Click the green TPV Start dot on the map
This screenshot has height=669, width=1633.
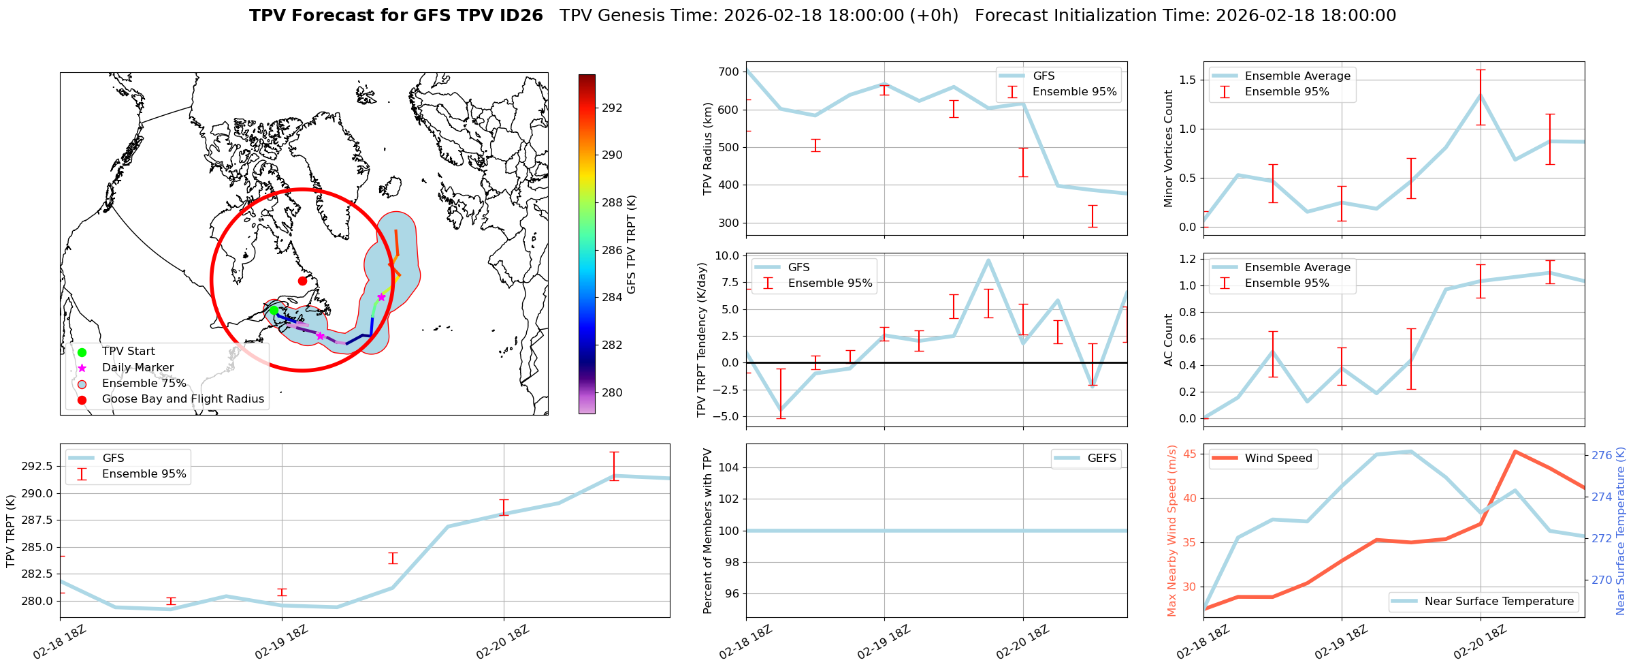(274, 311)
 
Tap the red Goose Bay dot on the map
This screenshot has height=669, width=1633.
(302, 281)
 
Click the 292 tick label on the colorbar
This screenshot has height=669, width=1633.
(612, 108)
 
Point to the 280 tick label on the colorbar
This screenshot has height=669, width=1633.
(612, 392)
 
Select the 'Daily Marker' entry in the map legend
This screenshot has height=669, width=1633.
(138, 367)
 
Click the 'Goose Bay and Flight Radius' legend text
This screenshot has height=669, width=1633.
(182, 399)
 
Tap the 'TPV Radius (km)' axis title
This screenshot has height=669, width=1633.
(707, 149)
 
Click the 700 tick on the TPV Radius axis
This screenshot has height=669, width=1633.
(729, 72)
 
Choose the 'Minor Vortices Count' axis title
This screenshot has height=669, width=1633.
(1169, 149)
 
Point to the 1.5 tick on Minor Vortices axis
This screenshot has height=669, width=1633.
(1187, 80)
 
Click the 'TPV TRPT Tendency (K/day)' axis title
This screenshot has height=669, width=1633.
(702, 339)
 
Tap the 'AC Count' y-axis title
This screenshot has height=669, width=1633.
(1169, 339)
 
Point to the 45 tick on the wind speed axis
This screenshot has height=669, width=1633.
(1189, 454)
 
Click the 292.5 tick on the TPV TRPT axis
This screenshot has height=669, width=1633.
(34, 466)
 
